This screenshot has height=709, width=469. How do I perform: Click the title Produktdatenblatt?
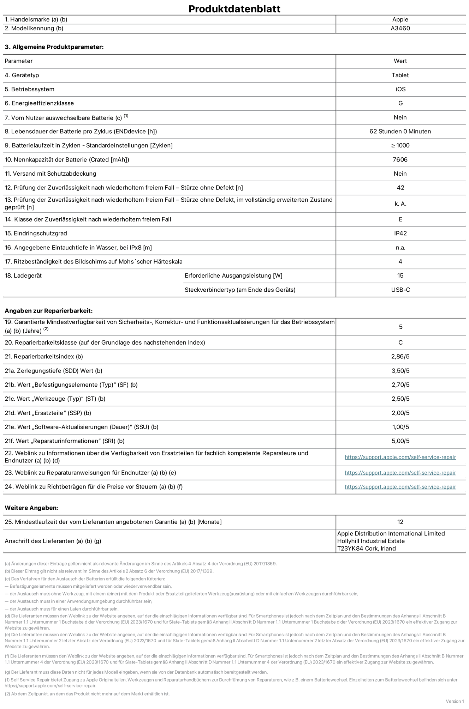click(x=234, y=9)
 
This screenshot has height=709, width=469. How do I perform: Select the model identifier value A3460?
click(x=400, y=28)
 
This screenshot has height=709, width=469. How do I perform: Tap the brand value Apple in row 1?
click(x=400, y=19)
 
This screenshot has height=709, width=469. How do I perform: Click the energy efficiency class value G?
click(x=400, y=103)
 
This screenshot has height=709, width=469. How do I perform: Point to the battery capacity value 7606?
click(x=400, y=159)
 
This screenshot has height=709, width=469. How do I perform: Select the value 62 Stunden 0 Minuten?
click(x=400, y=131)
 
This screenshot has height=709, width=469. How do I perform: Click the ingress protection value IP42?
click(x=400, y=233)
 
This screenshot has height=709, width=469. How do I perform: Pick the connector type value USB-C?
click(x=400, y=290)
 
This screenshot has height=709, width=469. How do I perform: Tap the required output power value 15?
click(x=400, y=275)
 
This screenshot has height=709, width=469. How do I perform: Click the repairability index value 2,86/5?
click(x=400, y=356)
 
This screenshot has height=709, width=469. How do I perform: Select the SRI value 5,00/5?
click(x=400, y=441)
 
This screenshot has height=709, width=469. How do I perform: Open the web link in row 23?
click(x=400, y=473)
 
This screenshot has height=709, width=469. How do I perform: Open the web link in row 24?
click(x=400, y=487)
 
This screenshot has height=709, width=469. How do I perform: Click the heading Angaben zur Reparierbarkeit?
click(x=48, y=311)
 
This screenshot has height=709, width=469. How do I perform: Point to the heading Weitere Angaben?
click(x=31, y=508)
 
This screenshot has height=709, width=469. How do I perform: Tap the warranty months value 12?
click(x=400, y=522)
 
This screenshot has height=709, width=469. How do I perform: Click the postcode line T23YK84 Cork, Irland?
click(x=366, y=548)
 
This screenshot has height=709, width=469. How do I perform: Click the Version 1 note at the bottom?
click(x=455, y=701)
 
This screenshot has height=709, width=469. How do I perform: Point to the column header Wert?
click(x=400, y=61)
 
